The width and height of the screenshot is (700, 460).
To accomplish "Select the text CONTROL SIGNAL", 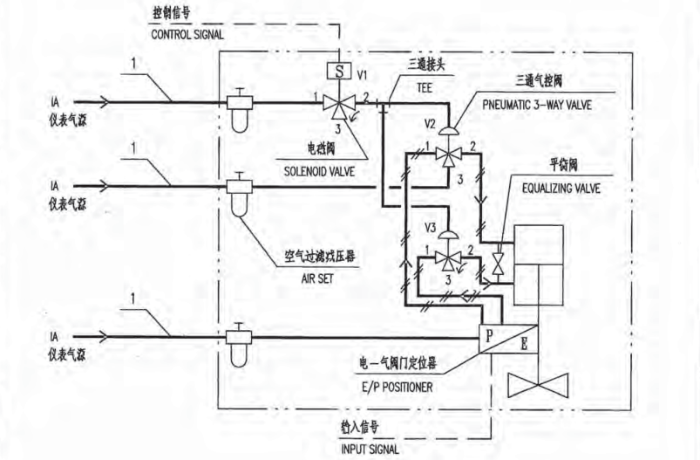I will point(187,36).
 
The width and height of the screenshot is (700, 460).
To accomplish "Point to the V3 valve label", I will point(430,228).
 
